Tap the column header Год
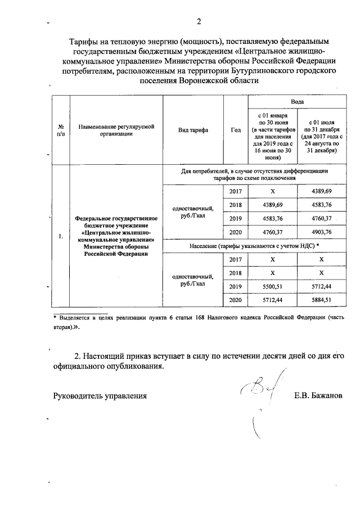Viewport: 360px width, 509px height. [x=235, y=130]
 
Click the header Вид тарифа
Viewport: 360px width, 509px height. [x=192, y=130]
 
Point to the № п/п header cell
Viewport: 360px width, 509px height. [x=60, y=130]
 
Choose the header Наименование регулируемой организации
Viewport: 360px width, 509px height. [x=116, y=130]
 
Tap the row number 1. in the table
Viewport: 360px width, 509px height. [x=60, y=236]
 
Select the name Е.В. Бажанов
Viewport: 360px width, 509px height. [x=318, y=395]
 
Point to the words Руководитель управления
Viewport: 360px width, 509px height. [x=100, y=395]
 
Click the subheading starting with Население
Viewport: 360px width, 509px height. [x=250, y=245]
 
